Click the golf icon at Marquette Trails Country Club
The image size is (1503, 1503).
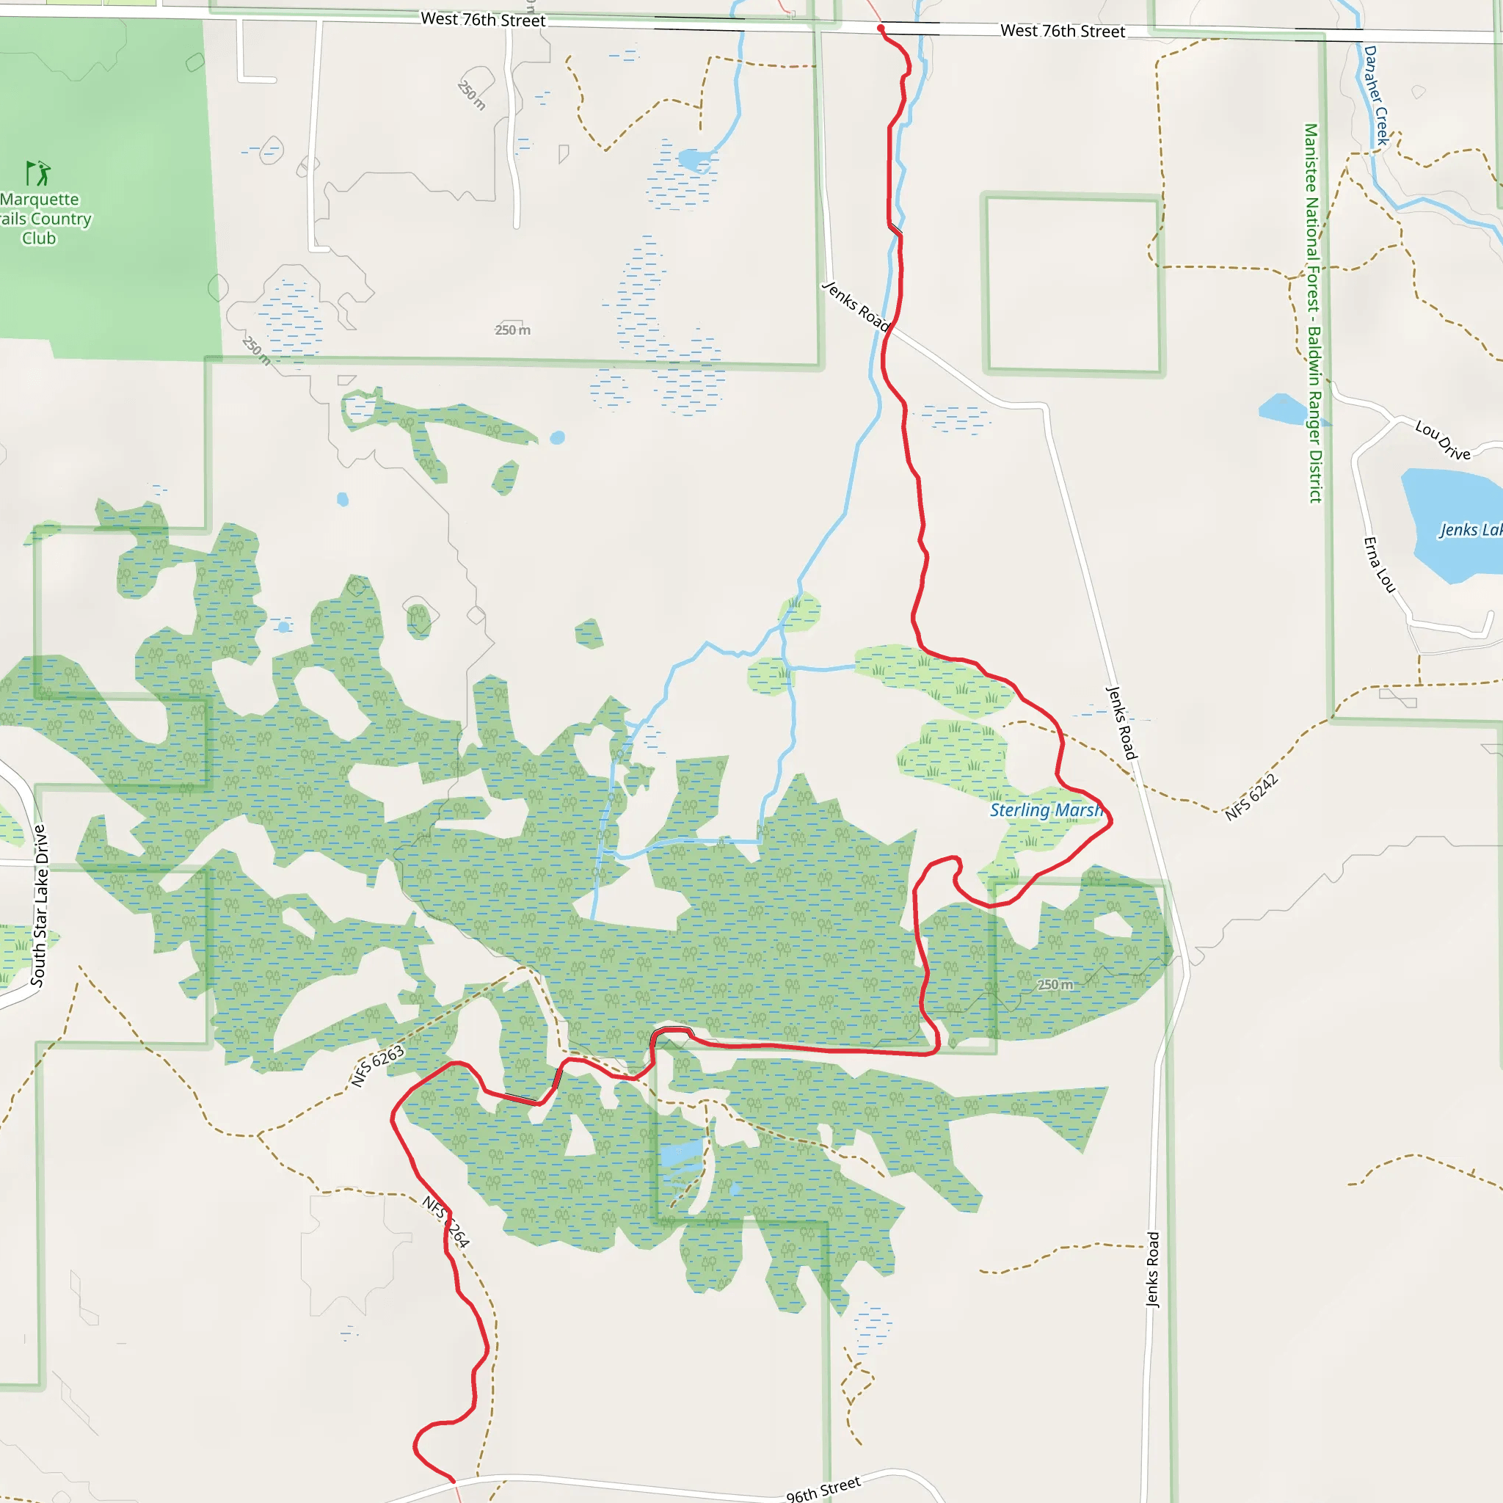(x=38, y=172)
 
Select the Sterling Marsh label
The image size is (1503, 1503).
(x=1046, y=810)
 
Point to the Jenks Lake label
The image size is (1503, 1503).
(x=1469, y=530)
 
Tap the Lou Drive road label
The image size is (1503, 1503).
(x=1442, y=440)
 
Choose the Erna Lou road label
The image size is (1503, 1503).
(x=1379, y=565)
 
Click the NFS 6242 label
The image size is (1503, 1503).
(x=1251, y=798)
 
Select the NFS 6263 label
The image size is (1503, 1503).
(x=377, y=1066)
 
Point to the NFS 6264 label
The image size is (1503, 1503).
(x=445, y=1221)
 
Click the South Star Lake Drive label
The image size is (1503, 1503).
(x=39, y=906)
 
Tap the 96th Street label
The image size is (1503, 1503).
(x=823, y=1488)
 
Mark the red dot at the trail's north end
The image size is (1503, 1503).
(x=881, y=29)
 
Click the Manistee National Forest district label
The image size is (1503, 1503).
(x=1313, y=313)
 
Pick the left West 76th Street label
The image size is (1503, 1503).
(x=482, y=20)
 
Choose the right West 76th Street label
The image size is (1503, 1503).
(x=1063, y=31)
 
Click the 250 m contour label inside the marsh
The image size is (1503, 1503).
(x=1055, y=985)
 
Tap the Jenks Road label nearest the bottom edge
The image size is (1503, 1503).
(x=1153, y=1270)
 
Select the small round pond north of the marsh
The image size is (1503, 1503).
(x=557, y=437)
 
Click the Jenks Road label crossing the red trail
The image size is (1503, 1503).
(x=856, y=306)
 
